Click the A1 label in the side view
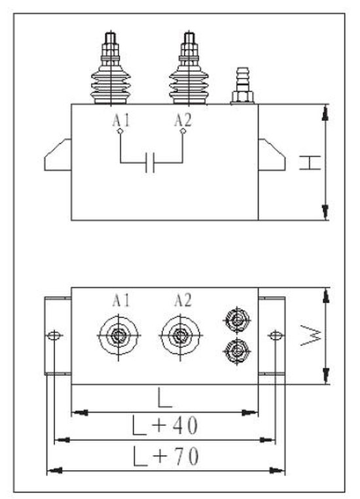coord(121,120)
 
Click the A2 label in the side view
coord(183,120)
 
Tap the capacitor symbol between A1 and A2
coord(150,163)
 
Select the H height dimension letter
coord(310,163)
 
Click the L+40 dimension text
coord(165,426)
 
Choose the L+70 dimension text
coord(166,456)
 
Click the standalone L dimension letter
coord(165,398)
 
